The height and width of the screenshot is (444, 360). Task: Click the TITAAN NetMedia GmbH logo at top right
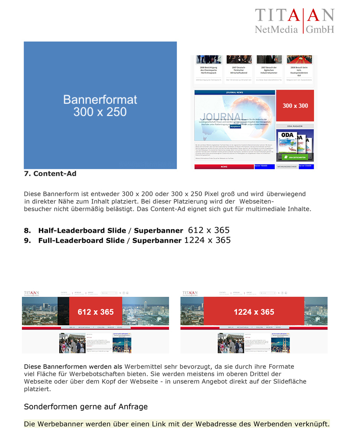coord(294,21)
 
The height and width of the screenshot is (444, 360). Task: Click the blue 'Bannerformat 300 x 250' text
coord(100,105)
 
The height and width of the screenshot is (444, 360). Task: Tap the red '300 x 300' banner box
coord(295,106)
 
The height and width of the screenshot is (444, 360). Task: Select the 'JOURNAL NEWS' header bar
coord(234,92)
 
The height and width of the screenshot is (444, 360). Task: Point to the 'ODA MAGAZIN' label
coord(295,126)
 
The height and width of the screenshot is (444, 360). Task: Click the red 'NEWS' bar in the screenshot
coord(224,167)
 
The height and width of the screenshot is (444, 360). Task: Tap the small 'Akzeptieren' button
coord(235,126)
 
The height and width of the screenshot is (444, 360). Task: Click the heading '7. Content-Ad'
coord(50,174)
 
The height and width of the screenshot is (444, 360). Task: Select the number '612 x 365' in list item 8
coord(208,230)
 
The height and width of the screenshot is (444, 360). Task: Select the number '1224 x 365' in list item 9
coord(207,240)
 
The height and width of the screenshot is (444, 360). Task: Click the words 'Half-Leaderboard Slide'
coord(81,231)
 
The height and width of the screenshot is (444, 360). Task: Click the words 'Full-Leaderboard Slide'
coord(81,241)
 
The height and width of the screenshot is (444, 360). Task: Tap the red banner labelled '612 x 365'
coord(95,312)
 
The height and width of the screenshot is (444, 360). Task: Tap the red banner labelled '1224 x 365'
coord(254,312)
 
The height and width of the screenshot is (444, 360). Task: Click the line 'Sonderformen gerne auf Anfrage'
coord(86,406)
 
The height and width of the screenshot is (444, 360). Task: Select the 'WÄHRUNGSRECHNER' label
coord(287,167)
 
